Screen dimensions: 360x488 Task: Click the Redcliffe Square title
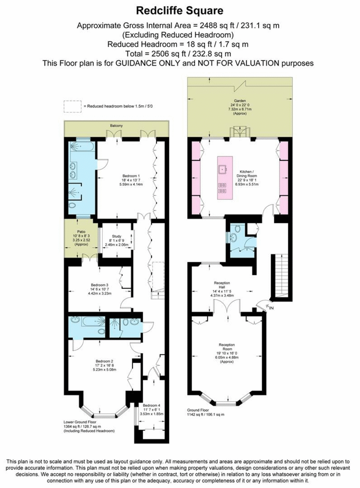click(x=180, y=11)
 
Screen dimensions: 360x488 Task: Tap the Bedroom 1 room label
click(x=131, y=176)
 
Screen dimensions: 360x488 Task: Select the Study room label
click(x=117, y=236)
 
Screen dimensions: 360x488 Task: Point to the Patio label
click(x=81, y=232)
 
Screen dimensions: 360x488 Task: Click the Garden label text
click(x=240, y=101)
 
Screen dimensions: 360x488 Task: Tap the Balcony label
click(x=116, y=126)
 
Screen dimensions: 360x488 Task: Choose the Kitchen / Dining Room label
click(x=247, y=174)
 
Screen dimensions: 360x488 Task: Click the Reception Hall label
click(x=222, y=285)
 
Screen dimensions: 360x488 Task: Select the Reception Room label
click(x=227, y=347)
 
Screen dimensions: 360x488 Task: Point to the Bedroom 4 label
click(x=152, y=405)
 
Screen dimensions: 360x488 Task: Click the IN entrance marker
click(x=271, y=308)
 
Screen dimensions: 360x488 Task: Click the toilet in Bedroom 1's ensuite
click(x=72, y=205)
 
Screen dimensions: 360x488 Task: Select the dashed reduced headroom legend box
click(x=73, y=106)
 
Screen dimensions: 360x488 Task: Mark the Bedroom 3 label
click(x=100, y=285)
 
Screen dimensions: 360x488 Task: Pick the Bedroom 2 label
click(x=104, y=361)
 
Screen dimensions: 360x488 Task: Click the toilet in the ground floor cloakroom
click(x=237, y=228)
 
